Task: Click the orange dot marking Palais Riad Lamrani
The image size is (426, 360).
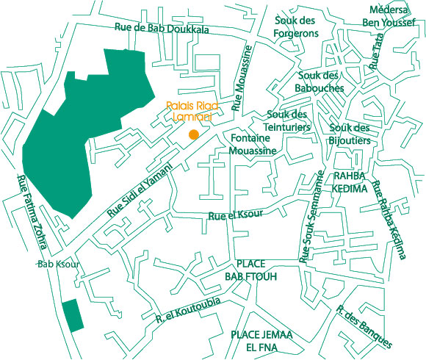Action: coord(193,134)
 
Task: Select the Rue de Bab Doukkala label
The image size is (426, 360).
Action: coord(162,29)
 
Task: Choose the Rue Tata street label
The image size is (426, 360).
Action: coord(378,56)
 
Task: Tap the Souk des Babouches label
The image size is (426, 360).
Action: coord(321,82)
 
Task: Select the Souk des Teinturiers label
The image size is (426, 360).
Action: coord(287,120)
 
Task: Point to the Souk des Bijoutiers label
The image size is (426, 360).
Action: coord(350,132)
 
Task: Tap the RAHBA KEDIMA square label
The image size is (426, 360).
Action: coord(350,182)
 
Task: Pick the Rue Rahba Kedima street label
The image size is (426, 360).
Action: coord(389,220)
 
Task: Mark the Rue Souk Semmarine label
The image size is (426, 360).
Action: coord(310,215)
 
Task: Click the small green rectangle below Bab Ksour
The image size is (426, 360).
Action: coord(72,314)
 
